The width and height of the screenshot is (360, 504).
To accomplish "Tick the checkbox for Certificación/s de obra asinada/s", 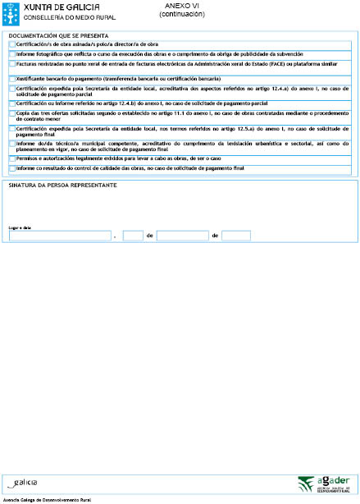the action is (x=11, y=44).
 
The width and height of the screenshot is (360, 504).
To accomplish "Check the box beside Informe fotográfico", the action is (x=11, y=53).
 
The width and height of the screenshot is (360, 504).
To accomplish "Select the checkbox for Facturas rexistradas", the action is (x=11, y=62).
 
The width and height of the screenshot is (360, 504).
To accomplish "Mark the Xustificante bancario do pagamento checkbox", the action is (x=11, y=79).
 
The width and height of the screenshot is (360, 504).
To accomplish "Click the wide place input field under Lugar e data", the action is (x=60, y=236).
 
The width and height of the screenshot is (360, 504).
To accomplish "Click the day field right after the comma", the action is (x=132, y=236).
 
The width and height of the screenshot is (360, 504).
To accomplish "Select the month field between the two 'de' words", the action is (x=182, y=236).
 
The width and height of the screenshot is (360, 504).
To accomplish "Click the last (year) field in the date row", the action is (x=235, y=236).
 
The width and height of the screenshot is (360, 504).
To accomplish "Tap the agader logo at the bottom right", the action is (x=323, y=483).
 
